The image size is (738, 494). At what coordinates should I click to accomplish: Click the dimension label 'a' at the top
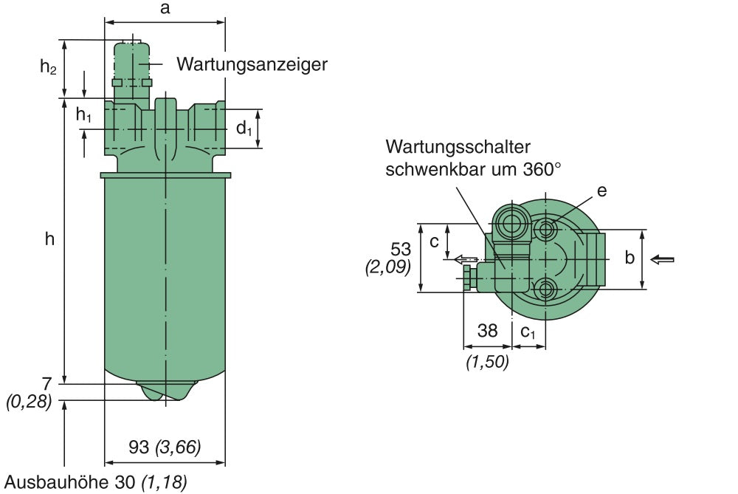point(165,9)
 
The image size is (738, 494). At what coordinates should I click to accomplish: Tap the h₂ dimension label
point(48,67)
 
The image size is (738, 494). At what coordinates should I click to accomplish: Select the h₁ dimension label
point(84,114)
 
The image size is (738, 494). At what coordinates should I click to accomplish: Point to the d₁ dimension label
point(244,128)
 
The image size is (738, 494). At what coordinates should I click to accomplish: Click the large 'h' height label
point(49,239)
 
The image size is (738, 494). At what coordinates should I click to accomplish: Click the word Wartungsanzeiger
point(252,64)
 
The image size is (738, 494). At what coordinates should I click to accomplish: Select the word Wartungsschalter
point(458,146)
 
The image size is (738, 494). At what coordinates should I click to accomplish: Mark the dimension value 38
point(487,331)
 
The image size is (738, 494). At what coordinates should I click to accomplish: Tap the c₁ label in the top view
point(528,332)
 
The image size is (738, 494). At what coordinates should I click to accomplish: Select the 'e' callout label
point(601,191)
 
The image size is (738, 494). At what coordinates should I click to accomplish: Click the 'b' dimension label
point(630,258)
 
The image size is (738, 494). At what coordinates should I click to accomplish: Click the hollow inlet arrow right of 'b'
point(663,259)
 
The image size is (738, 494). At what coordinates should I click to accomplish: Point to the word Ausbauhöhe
point(58,483)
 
